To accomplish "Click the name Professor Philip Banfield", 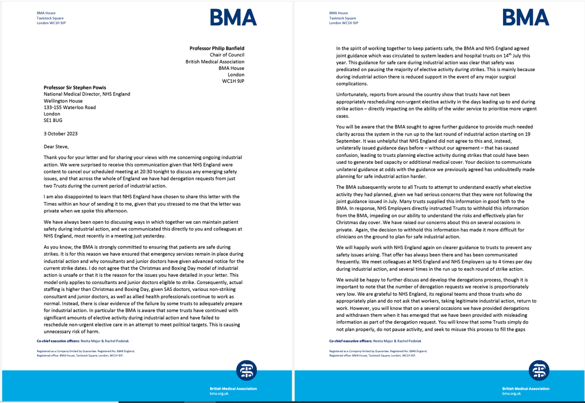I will pyautogui.click(x=217, y=48).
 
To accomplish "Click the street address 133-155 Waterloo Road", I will pyautogui.click(x=70, y=107).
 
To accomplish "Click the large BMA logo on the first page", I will pyautogui.click(x=234, y=18).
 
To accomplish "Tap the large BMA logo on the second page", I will pyautogui.click(x=526, y=18).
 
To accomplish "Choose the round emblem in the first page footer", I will pyautogui.click(x=245, y=371).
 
